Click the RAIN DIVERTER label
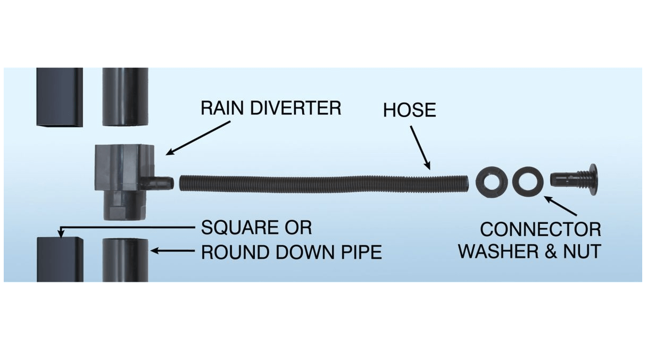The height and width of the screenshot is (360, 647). pos(270,108)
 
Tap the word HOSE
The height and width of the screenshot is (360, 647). pos(409,110)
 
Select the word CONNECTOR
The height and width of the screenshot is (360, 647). pos(541,230)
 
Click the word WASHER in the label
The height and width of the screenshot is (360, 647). pos(497,251)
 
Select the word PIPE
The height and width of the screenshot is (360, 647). pos(362,252)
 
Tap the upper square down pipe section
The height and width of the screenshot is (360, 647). pos(60,97)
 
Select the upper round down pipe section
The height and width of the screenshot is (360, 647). pos(125,97)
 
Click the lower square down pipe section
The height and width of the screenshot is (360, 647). pos(60,259)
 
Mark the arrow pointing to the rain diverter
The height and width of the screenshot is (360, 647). pos(198,138)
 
